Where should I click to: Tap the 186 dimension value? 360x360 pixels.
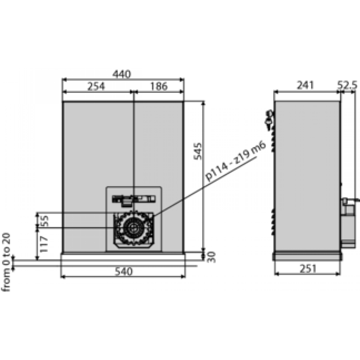coord(159,86)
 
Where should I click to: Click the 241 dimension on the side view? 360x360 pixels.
coord(306,85)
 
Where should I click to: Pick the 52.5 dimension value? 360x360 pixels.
coord(347,85)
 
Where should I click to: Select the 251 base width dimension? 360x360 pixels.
coord(307,268)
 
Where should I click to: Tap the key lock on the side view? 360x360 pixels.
coord(269,119)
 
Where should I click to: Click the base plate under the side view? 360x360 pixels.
coord(307,256)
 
